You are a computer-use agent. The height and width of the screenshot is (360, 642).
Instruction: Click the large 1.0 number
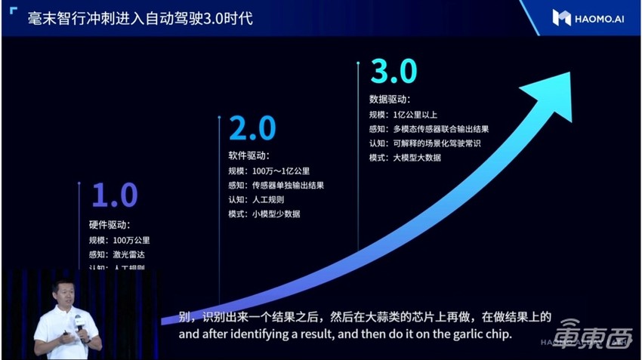pyautogui.click(x=115, y=195)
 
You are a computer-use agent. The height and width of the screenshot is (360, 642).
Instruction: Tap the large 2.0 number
pyautogui.click(x=252, y=129)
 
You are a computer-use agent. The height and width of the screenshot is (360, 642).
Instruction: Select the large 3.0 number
pyautogui.click(x=393, y=72)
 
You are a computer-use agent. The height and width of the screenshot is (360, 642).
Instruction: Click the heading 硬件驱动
pyautogui.click(x=110, y=225)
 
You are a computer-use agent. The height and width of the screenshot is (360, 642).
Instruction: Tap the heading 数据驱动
pyautogui.click(x=389, y=100)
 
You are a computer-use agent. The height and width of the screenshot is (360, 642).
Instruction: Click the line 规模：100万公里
pyautogui.click(x=119, y=240)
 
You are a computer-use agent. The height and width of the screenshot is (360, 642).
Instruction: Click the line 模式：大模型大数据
pyautogui.click(x=405, y=158)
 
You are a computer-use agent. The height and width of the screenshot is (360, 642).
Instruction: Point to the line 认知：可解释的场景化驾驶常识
pyautogui.click(x=425, y=143)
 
